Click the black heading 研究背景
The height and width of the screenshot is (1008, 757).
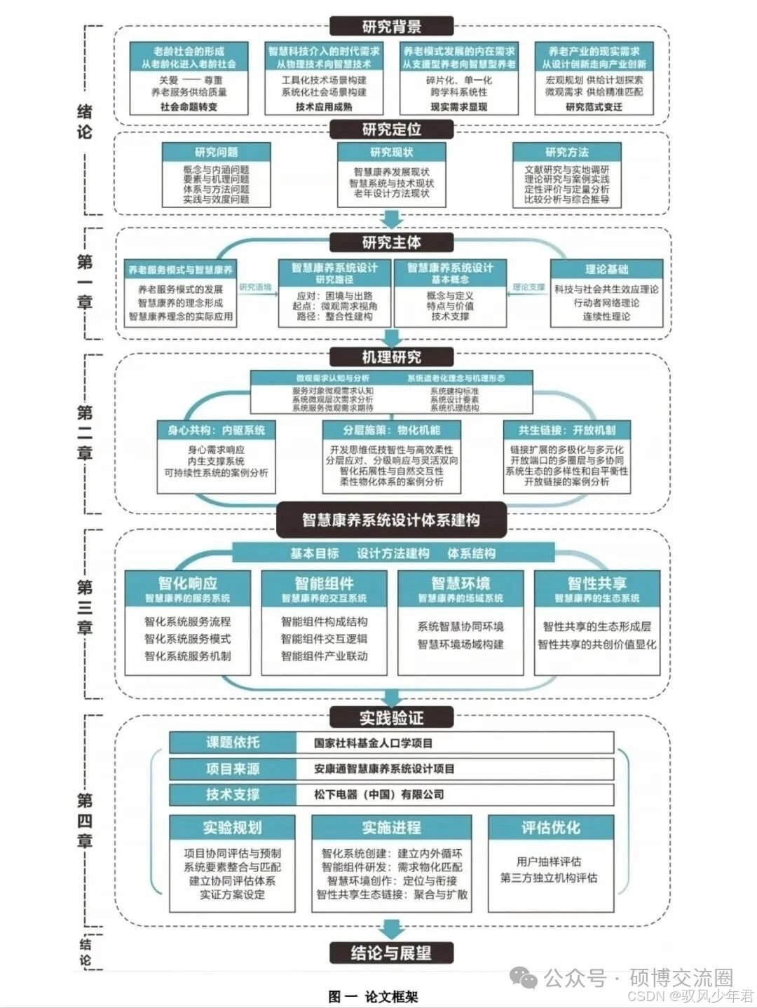tap(391, 27)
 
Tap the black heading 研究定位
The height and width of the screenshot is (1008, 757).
tap(391, 130)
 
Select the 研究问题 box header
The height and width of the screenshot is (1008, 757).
tap(216, 152)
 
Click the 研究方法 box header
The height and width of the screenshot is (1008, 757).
tap(566, 152)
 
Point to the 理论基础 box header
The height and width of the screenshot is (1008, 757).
tap(606, 269)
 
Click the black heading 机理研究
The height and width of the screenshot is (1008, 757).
tap(391, 357)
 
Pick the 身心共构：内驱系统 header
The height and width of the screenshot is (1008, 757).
tap(216, 430)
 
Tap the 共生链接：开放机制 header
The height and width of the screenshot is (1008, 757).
tap(566, 430)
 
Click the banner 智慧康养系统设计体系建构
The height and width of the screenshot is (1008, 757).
tap(391, 520)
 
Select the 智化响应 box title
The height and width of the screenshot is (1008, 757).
tap(187, 584)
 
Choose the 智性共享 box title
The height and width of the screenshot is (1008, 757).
tap(596, 584)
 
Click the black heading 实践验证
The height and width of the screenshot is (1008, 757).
tap(391, 717)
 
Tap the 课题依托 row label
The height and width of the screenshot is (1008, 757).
tap(232, 743)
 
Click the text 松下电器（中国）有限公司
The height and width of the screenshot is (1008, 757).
tap(378, 794)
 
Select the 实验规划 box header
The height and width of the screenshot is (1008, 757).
tap(232, 827)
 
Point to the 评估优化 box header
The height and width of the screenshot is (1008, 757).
tap(550, 827)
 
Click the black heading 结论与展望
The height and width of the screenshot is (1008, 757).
tap(391, 953)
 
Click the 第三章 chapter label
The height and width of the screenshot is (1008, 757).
tap(85, 607)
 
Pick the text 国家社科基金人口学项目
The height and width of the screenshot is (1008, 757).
tap(373, 743)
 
